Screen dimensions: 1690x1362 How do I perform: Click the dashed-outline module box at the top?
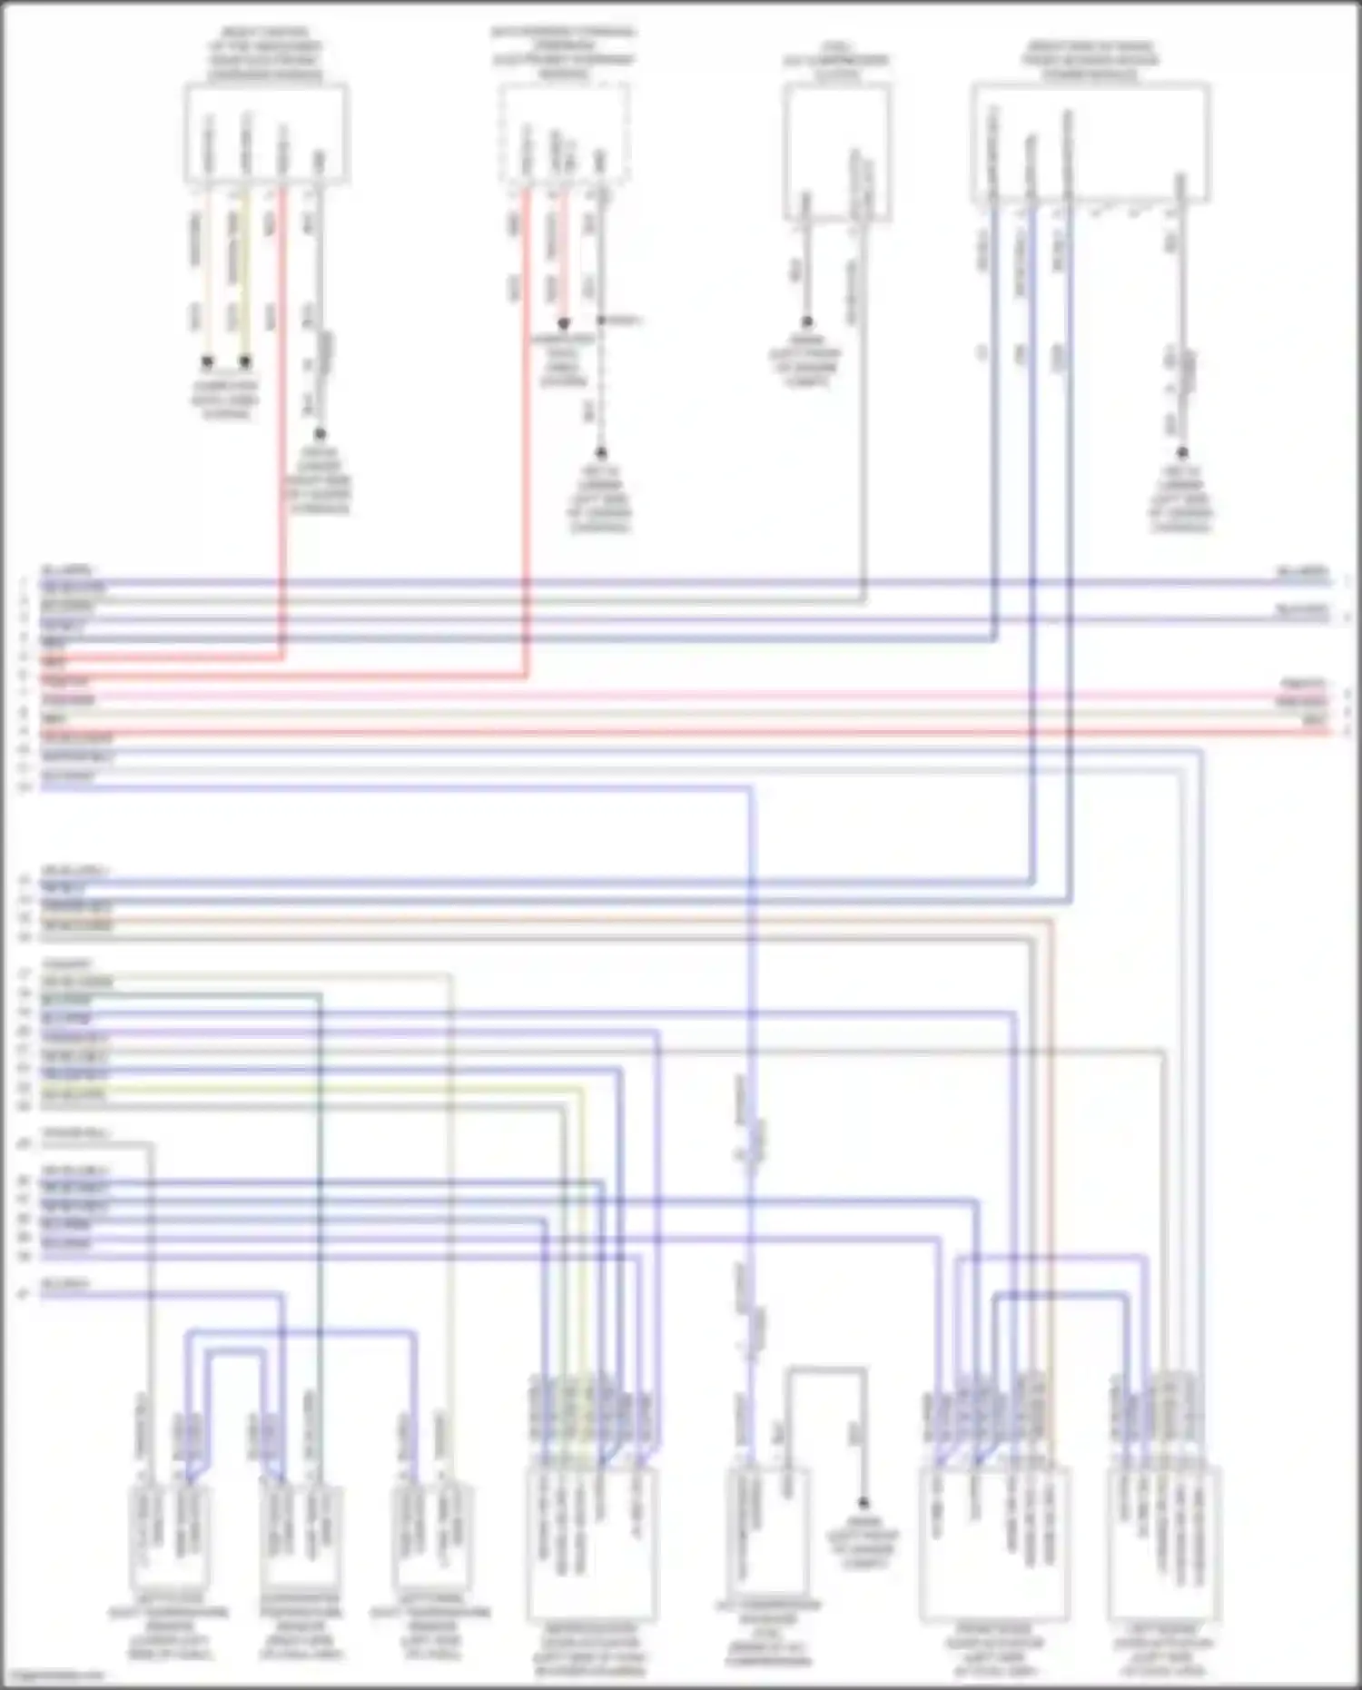coord(564,133)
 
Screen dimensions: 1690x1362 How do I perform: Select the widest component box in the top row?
coord(1090,142)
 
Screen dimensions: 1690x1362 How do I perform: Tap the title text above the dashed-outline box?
coord(564,53)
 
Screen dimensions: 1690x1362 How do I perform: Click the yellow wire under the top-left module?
coord(245,272)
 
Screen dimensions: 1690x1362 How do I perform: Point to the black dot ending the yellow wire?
coord(245,361)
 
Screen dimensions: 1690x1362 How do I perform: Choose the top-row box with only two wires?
coord(836,152)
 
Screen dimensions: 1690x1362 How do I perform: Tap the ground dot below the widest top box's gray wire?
coord(1181,452)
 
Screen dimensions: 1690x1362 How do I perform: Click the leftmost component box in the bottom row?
coord(170,1535)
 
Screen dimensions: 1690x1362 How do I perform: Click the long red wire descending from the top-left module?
coord(283,409)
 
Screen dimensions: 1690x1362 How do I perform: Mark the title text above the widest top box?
coord(1090,60)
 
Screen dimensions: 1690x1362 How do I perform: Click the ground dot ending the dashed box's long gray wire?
coord(601,452)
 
